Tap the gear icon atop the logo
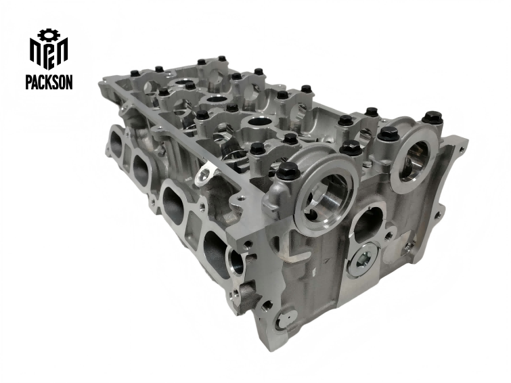point(48,34)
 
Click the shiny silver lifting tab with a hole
point(204,177)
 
